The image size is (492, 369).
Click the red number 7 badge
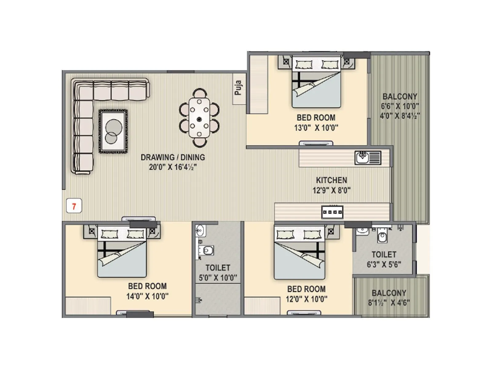coord(74,206)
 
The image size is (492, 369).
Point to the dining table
coord(199,117)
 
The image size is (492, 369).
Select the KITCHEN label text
coord(331,180)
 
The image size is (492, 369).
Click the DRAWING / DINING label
coord(173,157)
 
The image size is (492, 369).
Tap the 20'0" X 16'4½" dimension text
coord(173,167)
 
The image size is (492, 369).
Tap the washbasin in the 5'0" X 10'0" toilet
coord(200,229)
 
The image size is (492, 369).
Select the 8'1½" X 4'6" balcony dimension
coord(389,303)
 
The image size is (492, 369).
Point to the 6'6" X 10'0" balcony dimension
coord(400,106)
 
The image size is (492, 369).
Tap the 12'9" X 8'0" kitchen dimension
coord(331,190)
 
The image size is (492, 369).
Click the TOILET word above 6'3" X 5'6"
coord(384,255)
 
